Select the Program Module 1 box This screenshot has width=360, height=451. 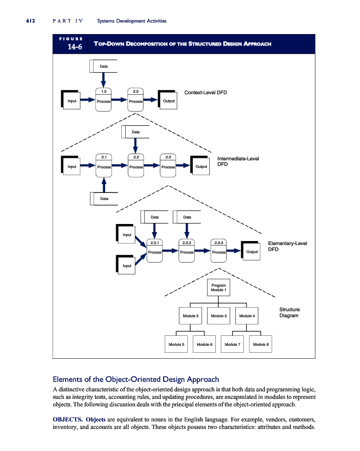[218, 288]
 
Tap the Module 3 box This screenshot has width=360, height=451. [219, 316]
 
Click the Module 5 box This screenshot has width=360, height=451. [176, 345]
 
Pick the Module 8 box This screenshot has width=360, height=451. [260, 345]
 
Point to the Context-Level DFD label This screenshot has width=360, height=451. [206, 93]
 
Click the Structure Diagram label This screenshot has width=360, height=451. [289, 313]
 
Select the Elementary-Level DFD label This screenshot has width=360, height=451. [287, 246]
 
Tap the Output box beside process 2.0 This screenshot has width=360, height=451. [169, 101]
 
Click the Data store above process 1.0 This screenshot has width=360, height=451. [104, 66]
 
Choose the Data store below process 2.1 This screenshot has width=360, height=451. [104, 199]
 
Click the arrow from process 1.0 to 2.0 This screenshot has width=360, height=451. [119, 100]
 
